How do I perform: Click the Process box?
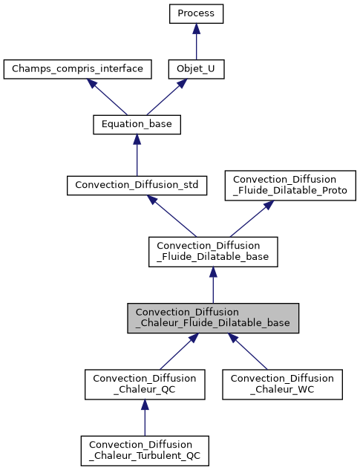196,13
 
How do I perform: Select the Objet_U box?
196,70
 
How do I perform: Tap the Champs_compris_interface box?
78,70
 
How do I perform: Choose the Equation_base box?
137,125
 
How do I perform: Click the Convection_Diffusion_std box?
137,184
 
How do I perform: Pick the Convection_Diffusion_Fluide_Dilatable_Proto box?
290,185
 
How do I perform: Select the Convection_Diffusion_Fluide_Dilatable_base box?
213,252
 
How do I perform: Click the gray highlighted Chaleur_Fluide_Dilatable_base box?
213,318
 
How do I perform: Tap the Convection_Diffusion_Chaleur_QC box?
145,384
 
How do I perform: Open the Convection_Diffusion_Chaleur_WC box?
282,384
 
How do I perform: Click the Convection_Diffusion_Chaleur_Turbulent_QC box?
145,450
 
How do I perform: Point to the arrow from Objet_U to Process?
196,42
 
